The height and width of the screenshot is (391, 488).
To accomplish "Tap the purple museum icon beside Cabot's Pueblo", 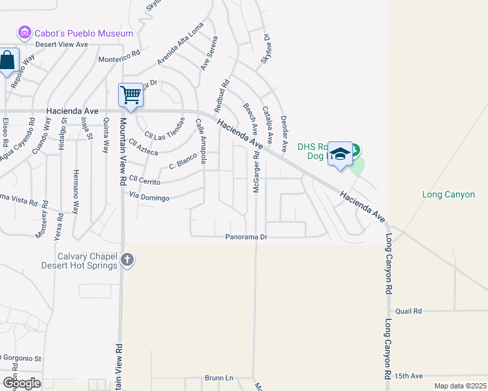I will (25, 32).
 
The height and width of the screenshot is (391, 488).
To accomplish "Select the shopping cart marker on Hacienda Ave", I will (130, 95).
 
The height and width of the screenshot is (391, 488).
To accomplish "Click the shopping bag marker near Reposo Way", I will (8, 62).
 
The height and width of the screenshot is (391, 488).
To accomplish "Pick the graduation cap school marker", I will (340, 154).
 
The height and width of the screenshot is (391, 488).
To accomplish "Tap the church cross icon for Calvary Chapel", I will (127, 261).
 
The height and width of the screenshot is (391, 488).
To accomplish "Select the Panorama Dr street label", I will (247, 237).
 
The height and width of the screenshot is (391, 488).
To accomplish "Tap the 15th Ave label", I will (408, 377).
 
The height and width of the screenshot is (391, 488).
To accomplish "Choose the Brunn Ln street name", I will (219, 378).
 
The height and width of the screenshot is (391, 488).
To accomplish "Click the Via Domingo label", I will (149, 195).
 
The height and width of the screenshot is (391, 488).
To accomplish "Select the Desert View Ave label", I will (61, 44).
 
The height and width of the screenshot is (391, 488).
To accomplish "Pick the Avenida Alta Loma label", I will (180, 45).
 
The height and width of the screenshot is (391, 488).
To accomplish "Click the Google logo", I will (21, 383).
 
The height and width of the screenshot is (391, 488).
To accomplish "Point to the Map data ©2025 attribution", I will (459, 386).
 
